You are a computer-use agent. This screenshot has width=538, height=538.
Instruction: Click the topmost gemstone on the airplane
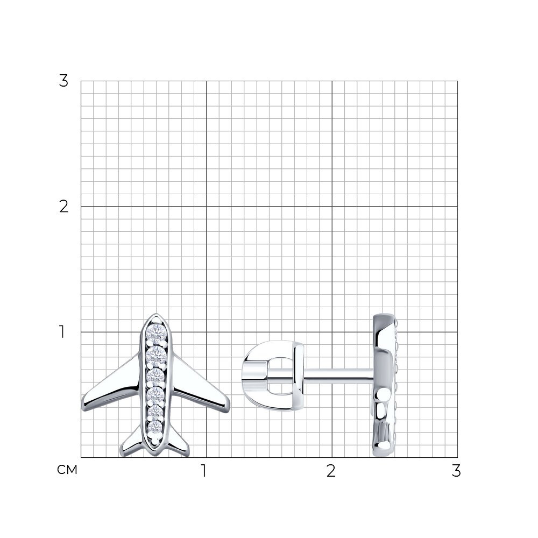157,332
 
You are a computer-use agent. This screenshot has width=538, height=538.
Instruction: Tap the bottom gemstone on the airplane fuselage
155,427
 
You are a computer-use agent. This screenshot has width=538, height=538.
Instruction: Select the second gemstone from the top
157,356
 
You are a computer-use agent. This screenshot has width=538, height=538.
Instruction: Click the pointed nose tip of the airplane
156,314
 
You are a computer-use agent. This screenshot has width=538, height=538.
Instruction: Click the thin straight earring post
338,376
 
